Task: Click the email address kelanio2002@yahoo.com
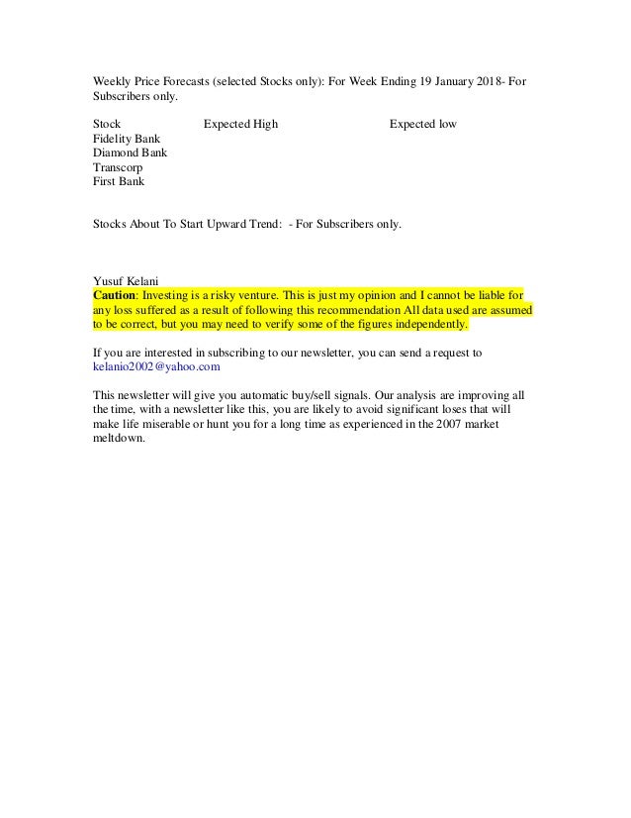(155, 365)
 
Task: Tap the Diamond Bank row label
(130, 153)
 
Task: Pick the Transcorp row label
(118, 168)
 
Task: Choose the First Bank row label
(118, 182)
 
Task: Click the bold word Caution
(113, 294)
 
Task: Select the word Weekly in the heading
(111, 81)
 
